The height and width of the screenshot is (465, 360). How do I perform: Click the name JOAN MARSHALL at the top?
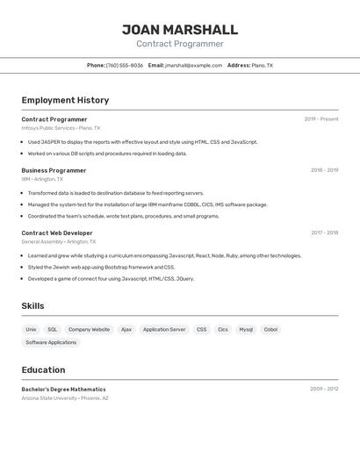click(x=179, y=30)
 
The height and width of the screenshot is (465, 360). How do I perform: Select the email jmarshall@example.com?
click(x=194, y=65)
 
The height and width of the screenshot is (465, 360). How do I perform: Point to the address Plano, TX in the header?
click(x=263, y=65)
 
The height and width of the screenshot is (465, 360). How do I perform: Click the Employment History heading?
click(x=65, y=101)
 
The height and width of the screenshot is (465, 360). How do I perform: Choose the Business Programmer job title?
click(x=54, y=170)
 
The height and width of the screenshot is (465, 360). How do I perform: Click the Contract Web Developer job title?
click(x=56, y=233)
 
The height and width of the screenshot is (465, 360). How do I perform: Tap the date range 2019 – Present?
click(x=321, y=119)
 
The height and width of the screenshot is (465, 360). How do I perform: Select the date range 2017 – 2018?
click(x=324, y=233)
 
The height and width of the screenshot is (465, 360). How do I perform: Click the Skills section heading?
click(x=32, y=306)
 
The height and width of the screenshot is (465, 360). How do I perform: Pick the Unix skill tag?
click(x=31, y=330)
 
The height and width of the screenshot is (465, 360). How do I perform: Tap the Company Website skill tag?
click(x=90, y=330)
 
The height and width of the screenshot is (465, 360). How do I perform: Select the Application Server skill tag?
click(x=164, y=330)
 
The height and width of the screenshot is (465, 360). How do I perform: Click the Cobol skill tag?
click(x=270, y=330)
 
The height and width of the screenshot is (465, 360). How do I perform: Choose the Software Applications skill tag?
click(x=50, y=343)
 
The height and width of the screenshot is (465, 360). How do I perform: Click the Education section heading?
click(x=43, y=370)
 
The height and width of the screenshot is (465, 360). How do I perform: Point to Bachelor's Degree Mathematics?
click(x=63, y=389)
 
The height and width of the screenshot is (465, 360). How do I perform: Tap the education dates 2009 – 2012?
click(x=324, y=389)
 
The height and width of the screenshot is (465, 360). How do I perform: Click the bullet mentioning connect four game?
click(x=111, y=279)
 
